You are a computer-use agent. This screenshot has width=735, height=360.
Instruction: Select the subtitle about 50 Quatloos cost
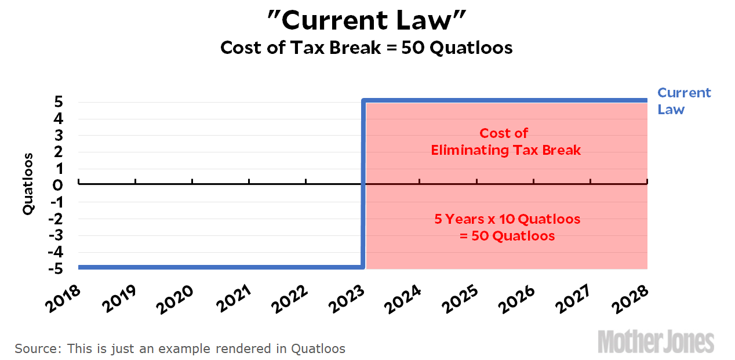pyautogui.click(x=366, y=48)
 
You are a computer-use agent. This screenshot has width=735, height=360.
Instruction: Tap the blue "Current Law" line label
pyautogui.click(x=683, y=101)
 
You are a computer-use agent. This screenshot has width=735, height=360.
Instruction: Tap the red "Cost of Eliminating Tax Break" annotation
pyautogui.click(x=505, y=142)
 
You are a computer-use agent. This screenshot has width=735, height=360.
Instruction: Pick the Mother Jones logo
pyautogui.click(x=656, y=342)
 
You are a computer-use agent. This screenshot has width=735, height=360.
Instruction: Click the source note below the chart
pyautogui.click(x=180, y=349)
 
